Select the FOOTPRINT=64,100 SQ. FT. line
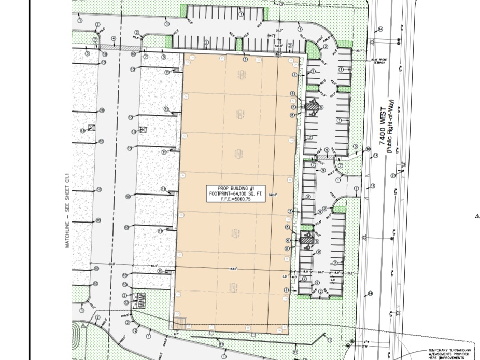click(x=235, y=193)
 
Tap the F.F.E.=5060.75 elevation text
click(x=235, y=199)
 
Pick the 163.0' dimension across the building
click(x=233, y=269)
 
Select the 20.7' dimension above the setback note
click(x=360, y=50)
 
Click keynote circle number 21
click(x=393, y=176)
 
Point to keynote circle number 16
click(x=368, y=149)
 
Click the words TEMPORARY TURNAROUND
click(x=449, y=350)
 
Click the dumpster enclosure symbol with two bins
click(x=139, y=299)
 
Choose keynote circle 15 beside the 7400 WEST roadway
click(x=373, y=186)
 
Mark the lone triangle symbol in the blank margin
click(x=477, y=216)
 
